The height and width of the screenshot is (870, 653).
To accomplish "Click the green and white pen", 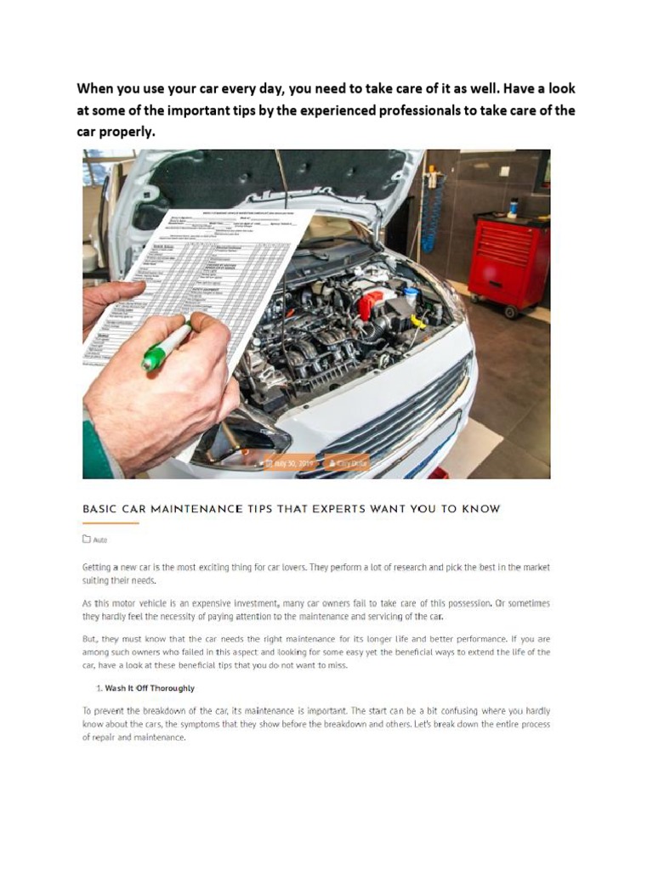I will click(167, 347).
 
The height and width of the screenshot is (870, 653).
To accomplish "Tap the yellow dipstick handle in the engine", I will click(417, 322).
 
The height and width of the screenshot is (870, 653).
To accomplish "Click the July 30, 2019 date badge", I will click(290, 464).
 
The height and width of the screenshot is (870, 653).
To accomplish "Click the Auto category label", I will click(100, 540).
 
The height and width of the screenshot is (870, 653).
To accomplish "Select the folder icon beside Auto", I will click(87, 540).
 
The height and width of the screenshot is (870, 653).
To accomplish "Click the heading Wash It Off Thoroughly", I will click(150, 688).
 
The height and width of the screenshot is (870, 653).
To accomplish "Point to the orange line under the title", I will click(110, 523).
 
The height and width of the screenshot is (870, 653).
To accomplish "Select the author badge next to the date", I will click(347, 464).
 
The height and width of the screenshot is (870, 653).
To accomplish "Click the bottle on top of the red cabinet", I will click(513, 207).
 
